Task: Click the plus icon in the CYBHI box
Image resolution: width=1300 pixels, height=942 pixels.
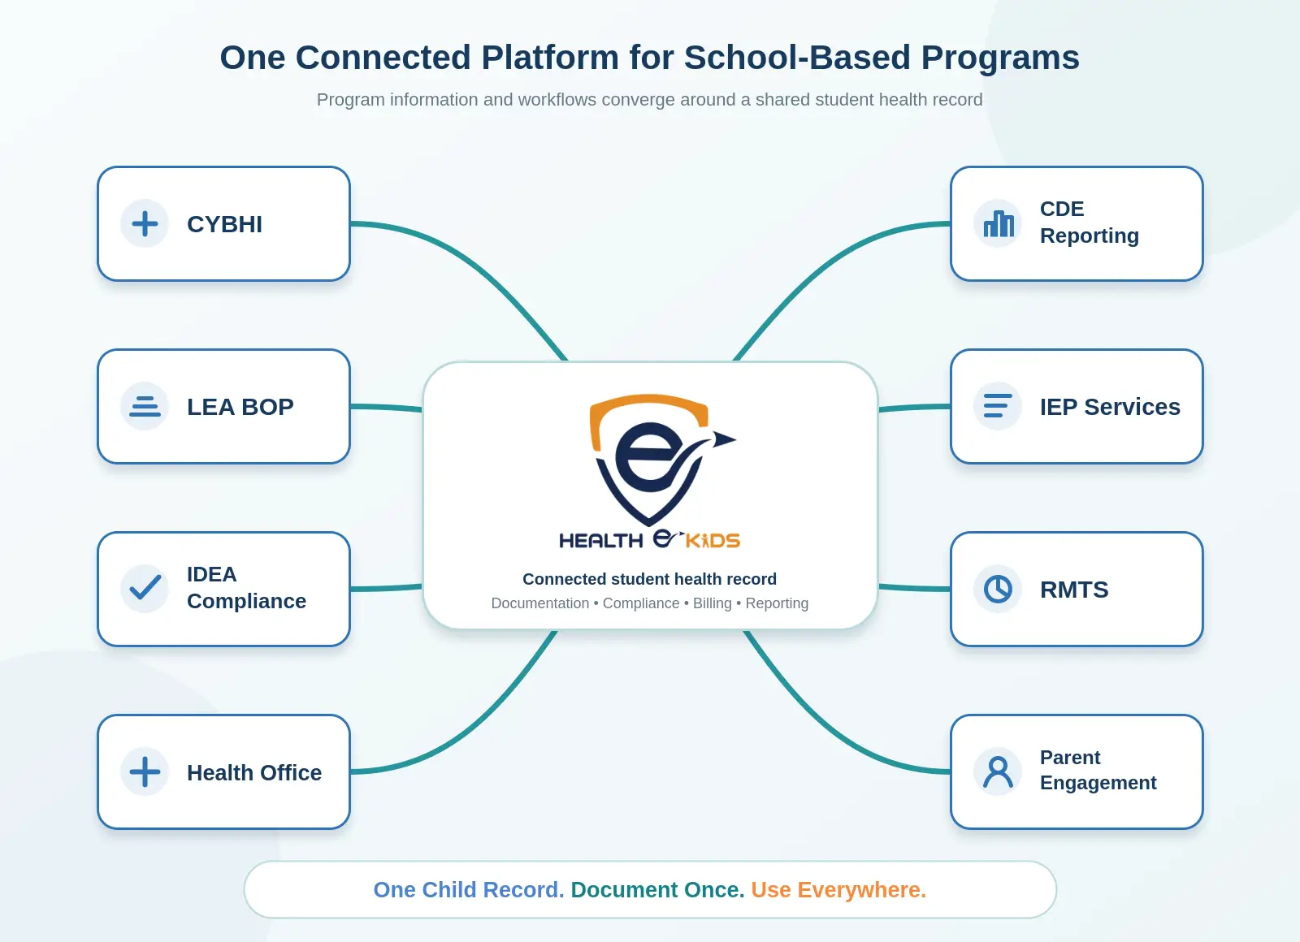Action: pyautogui.click(x=145, y=224)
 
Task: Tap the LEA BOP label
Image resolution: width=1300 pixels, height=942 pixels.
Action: pyautogui.click(x=240, y=407)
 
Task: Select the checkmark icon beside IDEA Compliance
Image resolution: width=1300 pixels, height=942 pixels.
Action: pyautogui.click(x=145, y=587)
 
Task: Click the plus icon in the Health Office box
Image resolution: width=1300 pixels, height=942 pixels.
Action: pyautogui.click(x=145, y=771)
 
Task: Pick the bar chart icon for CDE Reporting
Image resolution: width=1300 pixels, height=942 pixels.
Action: pyautogui.click(x=999, y=224)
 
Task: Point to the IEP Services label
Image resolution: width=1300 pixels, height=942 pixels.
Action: pyautogui.click(x=1110, y=407)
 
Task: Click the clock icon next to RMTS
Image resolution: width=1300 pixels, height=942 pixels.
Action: pyautogui.click(x=999, y=589)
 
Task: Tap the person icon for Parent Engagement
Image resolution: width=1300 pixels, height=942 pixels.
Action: pyautogui.click(x=999, y=771)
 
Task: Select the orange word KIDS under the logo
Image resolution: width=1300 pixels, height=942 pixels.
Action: pyautogui.click(x=713, y=541)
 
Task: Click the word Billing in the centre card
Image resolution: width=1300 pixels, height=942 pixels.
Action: pyautogui.click(x=712, y=603)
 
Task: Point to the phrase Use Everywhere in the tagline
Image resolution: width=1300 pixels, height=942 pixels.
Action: pyautogui.click(x=838, y=890)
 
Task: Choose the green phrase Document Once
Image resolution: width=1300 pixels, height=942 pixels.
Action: pyautogui.click(x=657, y=890)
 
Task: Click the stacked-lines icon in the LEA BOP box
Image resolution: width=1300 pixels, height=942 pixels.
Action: pyautogui.click(x=145, y=406)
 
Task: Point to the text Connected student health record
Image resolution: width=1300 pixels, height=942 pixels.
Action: pyautogui.click(x=649, y=579)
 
